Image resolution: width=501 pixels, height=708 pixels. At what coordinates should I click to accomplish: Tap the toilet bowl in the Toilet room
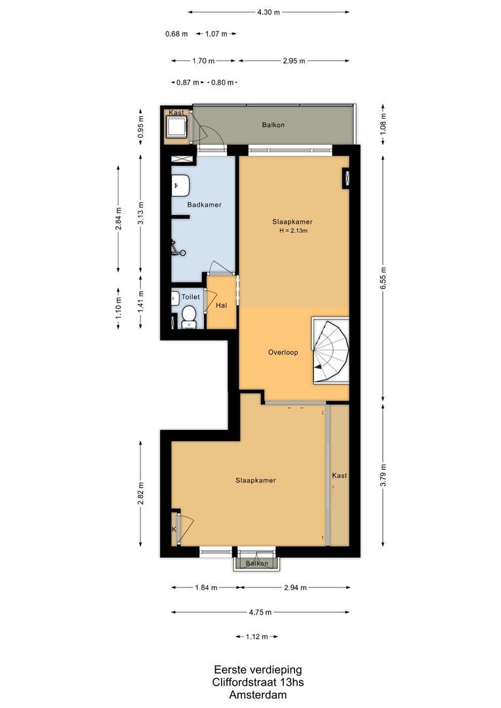coord(188,315)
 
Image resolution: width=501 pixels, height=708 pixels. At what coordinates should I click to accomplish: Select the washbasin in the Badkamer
coord(180,186)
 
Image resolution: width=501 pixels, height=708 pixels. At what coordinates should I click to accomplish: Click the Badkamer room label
coord(204,205)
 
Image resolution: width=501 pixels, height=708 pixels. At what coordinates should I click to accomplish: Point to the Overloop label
coord(283,352)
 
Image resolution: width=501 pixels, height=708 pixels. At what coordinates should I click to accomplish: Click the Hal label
coord(221,305)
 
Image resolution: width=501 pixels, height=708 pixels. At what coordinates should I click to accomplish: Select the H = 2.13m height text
coord(292,231)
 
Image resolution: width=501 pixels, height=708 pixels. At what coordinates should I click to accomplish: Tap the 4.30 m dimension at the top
coord(268,12)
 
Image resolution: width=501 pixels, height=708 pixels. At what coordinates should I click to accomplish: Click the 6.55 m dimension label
coord(384,271)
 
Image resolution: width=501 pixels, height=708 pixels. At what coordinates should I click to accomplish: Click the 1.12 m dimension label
coord(256,637)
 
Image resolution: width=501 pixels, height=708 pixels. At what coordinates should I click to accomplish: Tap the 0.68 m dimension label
coord(176,33)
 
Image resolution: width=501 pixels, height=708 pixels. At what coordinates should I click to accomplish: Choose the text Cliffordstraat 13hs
coord(258,682)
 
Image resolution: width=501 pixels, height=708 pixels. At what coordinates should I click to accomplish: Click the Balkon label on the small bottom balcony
coord(256,563)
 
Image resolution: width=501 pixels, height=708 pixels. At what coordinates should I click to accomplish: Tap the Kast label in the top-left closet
coord(176,113)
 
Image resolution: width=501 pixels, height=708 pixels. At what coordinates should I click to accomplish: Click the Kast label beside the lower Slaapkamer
coord(339,475)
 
